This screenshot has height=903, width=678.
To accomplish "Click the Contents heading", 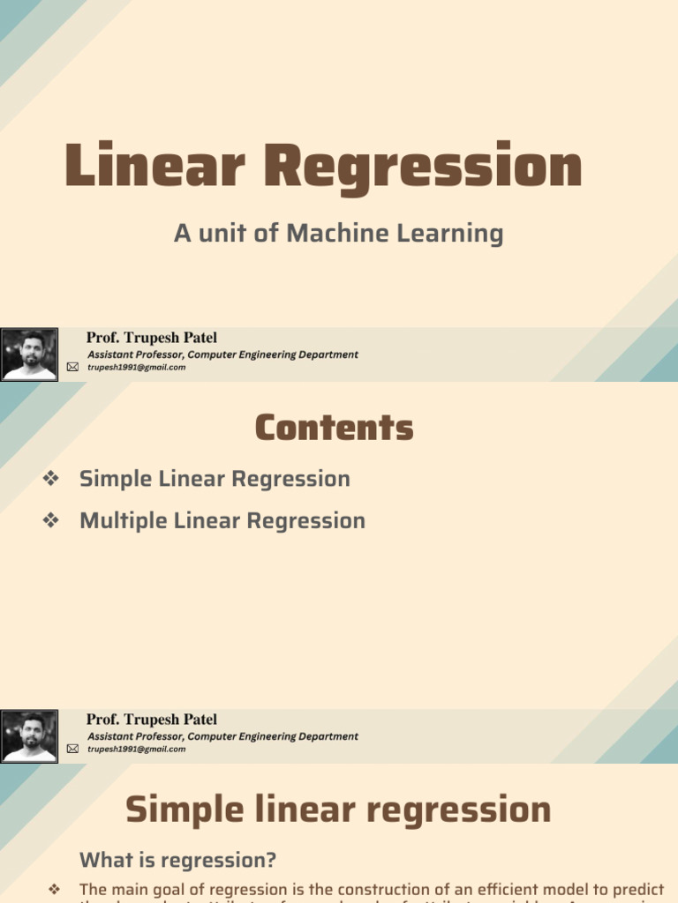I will tap(334, 429).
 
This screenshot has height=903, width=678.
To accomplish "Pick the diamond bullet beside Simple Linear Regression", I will tap(50, 479).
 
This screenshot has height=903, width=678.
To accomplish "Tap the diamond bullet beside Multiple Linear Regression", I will tap(50, 520).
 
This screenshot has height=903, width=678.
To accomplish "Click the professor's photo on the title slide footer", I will tap(29, 354).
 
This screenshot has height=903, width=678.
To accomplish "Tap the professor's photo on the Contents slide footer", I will tap(29, 736).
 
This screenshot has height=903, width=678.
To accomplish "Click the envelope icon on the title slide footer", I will tap(72, 368).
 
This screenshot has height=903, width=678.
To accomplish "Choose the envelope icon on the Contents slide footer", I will tap(72, 750).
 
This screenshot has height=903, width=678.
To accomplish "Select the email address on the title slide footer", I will tap(137, 368).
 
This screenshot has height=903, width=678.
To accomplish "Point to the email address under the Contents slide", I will tap(137, 750).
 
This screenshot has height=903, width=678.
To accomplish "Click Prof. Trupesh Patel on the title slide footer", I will tap(151, 338).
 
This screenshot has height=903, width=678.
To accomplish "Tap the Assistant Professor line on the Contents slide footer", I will tap(222, 736).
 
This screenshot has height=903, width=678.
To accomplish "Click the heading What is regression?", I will tap(177, 860).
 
